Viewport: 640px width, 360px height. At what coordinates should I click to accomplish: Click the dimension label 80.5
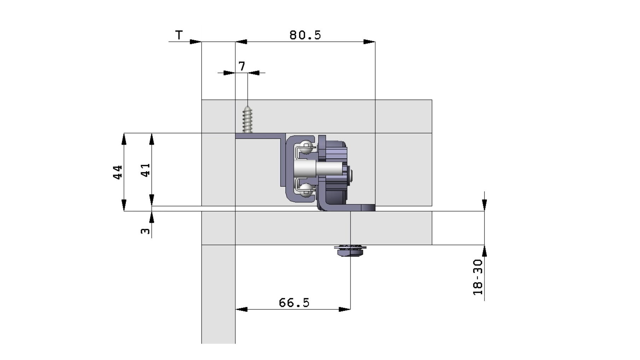point(305,35)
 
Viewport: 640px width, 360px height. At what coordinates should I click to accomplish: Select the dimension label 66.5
point(294,303)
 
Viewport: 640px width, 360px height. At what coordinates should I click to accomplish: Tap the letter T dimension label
point(179,35)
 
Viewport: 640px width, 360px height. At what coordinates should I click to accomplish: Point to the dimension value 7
point(242,66)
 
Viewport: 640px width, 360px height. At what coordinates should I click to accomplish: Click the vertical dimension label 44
point(118,172)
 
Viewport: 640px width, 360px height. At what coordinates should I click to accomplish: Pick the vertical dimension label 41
point(145,170)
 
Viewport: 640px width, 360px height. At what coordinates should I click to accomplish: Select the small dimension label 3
point(145,231)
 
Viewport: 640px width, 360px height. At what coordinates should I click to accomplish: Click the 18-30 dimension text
point(478,277)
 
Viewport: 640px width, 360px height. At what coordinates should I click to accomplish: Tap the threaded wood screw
point(248,119)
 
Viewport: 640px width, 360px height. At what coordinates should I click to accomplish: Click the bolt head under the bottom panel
point(350,250)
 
